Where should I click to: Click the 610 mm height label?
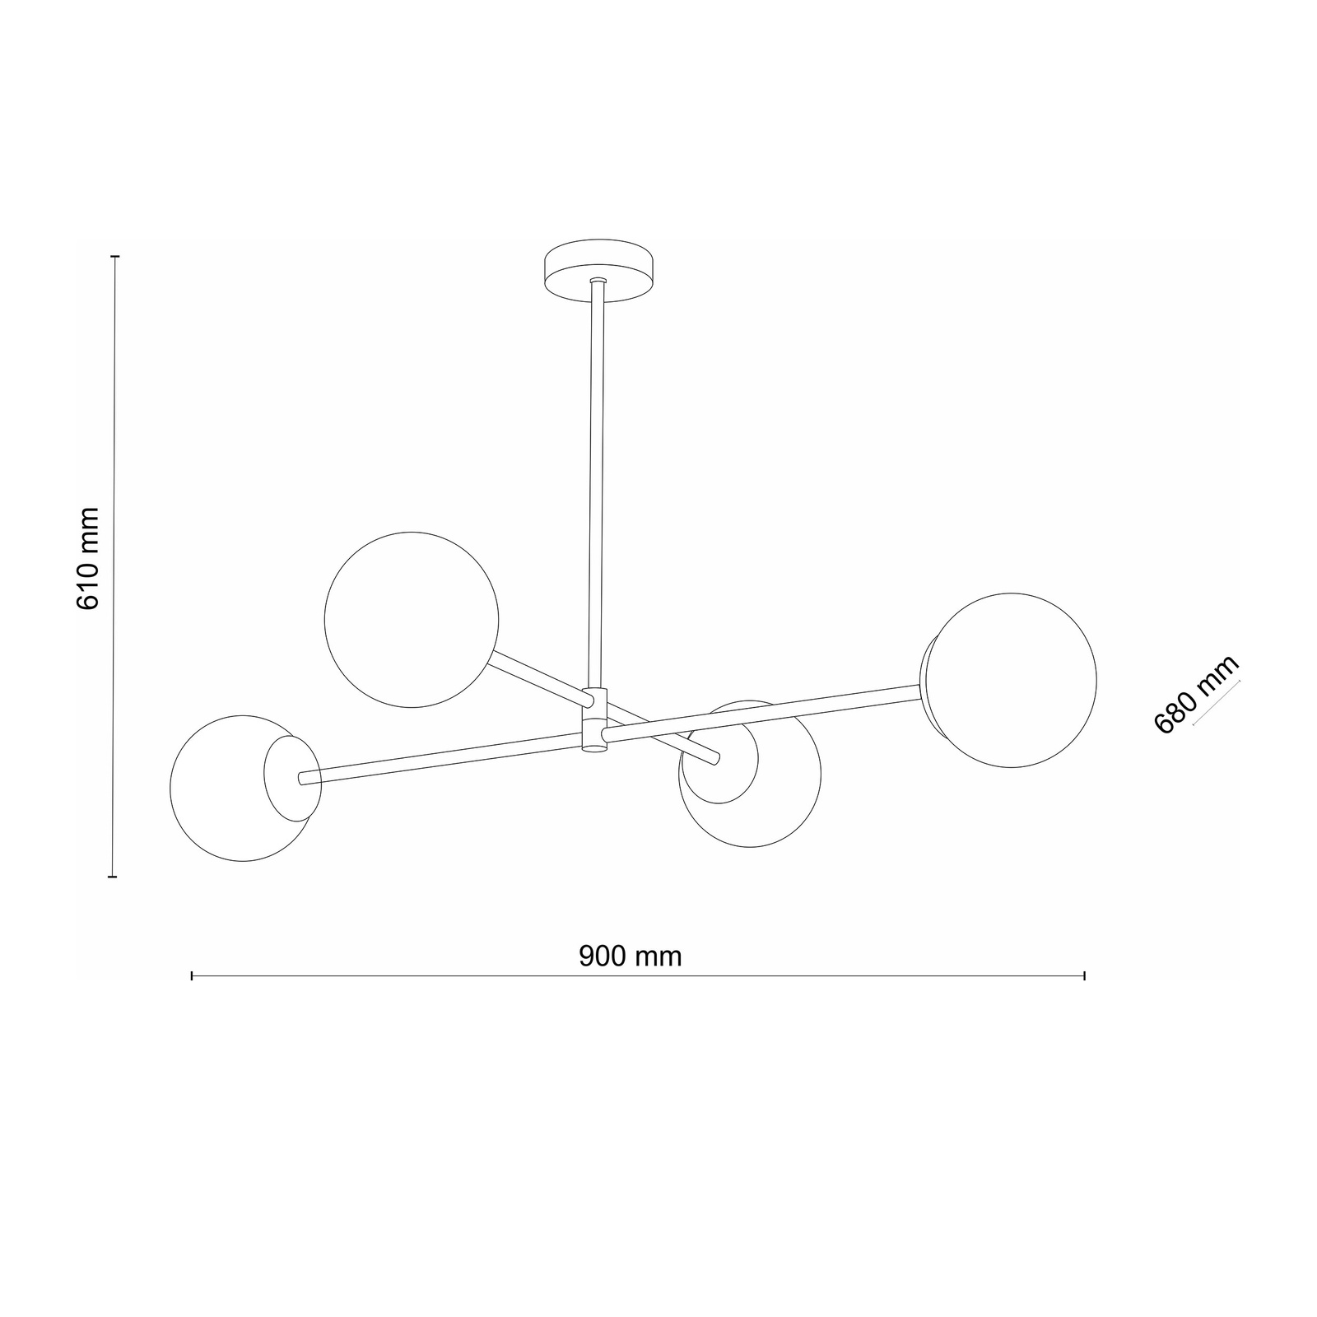pyautogui.click(x=87, y=558)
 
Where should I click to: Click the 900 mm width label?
pyautogui.click(x=631, y=956)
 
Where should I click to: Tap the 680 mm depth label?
pyautogui.click(x=1196, y=696)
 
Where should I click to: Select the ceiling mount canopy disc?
pyautogui.click(x=600, y=272)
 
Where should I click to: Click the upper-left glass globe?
pyautogui.click(x=412, y=619)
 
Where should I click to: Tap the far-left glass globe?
pyautogui.click(x=244, y=789)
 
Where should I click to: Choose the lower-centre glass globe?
pyautogui.click(x=750, y=774)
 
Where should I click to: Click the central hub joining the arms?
pyautogui.click(x=593, y=719)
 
